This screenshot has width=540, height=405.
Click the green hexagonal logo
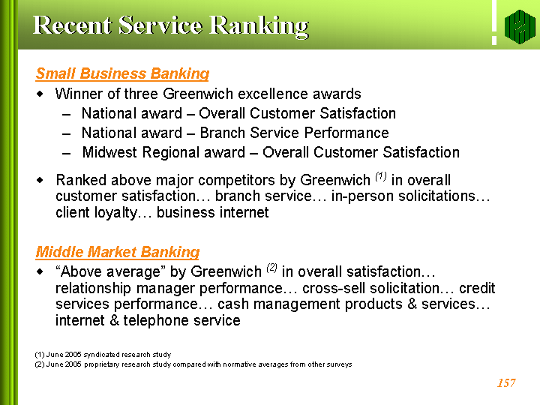[x=520, y=27]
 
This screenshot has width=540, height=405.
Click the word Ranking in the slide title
[x=259, y=26]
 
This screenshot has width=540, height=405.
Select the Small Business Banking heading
[x=122, y=73]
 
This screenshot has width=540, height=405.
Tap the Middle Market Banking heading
[x=118, y=252]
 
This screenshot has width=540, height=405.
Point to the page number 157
[x=506, y=383]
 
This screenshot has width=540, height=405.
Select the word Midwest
[x=109, y=152]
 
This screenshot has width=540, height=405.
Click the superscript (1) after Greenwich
[x=380, y=176]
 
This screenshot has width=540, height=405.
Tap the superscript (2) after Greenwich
[x=271, y=268]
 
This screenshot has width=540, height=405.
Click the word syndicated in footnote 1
[x=100, y=355]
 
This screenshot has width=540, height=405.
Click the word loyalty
[x=117, y=213]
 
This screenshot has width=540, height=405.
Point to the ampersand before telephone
[x=114, y=321]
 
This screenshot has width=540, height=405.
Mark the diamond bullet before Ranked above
[x=40, y=180]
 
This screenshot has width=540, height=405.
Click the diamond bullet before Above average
[x=40, y=271]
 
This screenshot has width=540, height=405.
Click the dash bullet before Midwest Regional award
[x=66, y=153]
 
